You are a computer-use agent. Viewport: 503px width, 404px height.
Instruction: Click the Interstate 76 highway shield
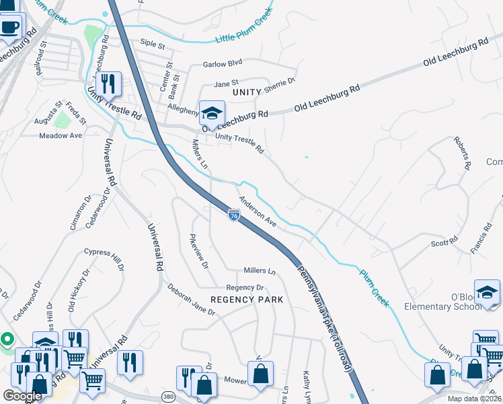(233, 215)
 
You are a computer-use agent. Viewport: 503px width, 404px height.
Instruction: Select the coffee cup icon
(9, 28)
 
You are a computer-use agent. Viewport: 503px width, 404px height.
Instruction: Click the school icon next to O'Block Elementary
(487, 292)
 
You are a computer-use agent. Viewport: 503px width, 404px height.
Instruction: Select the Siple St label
(153, 45)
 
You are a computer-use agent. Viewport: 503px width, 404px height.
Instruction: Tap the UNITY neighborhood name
(246, 91)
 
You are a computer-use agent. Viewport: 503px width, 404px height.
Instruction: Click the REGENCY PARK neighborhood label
(247, 299)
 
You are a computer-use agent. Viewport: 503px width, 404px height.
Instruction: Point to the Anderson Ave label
(258, 211)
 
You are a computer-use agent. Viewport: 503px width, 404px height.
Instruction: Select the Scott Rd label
(444, 241)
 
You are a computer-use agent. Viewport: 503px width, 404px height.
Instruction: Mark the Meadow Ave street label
(61, 135)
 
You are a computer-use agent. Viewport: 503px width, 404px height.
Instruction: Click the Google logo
(23, 396)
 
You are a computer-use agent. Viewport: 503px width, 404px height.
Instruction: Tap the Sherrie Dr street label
(282, 84)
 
